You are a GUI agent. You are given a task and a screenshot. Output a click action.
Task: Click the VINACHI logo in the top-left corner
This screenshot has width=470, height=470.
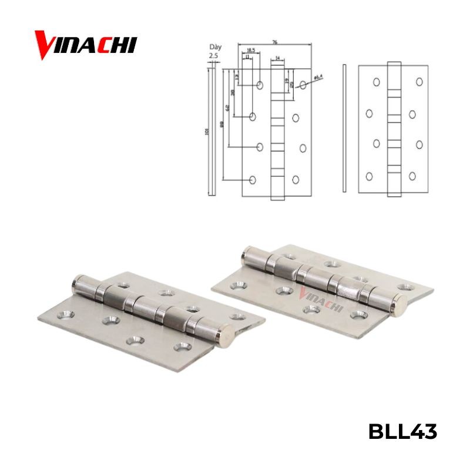point(85,45)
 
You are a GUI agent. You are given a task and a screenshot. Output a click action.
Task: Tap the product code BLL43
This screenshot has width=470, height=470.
point(402,432)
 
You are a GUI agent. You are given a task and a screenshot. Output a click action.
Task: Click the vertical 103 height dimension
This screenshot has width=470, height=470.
point(207,132)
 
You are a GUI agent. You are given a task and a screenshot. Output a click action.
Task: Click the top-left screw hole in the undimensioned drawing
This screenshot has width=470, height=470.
point(376,83)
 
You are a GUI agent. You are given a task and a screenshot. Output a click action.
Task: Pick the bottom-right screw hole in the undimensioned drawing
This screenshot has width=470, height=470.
point(412,176)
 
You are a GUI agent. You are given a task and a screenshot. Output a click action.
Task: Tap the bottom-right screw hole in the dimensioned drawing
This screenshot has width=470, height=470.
point(296,180)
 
